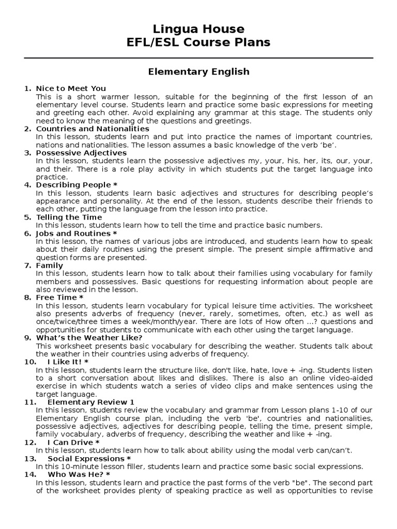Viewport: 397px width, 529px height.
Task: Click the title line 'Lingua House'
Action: point(198,28)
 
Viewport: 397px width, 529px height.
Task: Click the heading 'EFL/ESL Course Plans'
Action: point(198,42)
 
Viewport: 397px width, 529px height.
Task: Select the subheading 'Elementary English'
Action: point(198,72)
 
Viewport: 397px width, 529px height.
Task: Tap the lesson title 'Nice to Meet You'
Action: point(71,88)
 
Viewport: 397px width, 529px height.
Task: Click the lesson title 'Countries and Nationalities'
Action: point(93,129)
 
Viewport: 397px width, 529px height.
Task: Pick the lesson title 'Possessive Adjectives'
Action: point(81,153)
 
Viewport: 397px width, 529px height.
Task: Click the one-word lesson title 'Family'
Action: point(50,266)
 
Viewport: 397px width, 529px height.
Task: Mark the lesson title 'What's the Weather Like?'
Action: point(89,338)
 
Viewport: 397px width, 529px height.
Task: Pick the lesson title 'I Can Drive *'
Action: point(73,442)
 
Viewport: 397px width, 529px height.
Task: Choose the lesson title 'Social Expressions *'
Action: point(89,458)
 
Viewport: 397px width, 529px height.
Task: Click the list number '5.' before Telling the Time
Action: point(28,217)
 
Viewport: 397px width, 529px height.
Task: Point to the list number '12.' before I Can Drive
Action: point(30,442)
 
